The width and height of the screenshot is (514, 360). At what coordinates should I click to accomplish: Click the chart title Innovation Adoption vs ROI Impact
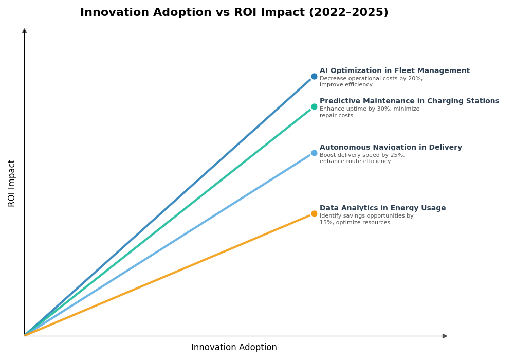click(x=234, y=13)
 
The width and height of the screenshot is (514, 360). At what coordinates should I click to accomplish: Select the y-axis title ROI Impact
click(x=12, y=183)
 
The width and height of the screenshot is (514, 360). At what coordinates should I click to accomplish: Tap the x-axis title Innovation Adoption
click(x=234, y=348)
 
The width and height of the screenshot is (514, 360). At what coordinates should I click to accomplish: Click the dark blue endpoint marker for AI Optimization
click(x=314, y=76)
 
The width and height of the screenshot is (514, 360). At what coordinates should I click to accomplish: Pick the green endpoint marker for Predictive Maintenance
click(x=314, y=107)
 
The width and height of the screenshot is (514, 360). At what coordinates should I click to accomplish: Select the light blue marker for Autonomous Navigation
click(x=314, y=153)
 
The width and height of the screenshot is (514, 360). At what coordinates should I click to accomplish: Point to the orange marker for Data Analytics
click(x=314, y=214)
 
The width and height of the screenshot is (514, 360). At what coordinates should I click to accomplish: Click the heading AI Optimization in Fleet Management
click(x=394, y=71)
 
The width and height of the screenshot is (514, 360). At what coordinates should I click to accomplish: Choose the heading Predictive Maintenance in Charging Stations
click(x=409, y=101)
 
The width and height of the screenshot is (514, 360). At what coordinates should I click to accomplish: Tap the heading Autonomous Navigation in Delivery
click(x=391, y=148)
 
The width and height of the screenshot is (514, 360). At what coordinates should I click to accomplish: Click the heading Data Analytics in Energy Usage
click(x=382, y=208)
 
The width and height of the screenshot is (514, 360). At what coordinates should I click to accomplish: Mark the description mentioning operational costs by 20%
click(x=371, y=82)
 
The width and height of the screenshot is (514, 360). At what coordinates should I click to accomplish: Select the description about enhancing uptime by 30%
click(x=369, y=112)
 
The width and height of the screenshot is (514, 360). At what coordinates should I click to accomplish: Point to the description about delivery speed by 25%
click(x=362, y=158)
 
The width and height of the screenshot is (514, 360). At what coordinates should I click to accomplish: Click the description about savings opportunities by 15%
click(x=366, y=219)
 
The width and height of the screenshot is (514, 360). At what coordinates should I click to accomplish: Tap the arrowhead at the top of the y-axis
click(x=24, y=31)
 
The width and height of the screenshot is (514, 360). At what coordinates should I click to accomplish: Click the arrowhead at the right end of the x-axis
click(x=445, y=336)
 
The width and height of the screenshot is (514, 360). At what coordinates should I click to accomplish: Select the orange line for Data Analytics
click(x=170, y=275)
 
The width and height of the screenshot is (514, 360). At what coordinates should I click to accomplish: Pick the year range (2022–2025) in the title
click(x=348, y=13)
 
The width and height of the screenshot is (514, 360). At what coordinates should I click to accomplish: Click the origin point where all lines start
click(x=25, y=335)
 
